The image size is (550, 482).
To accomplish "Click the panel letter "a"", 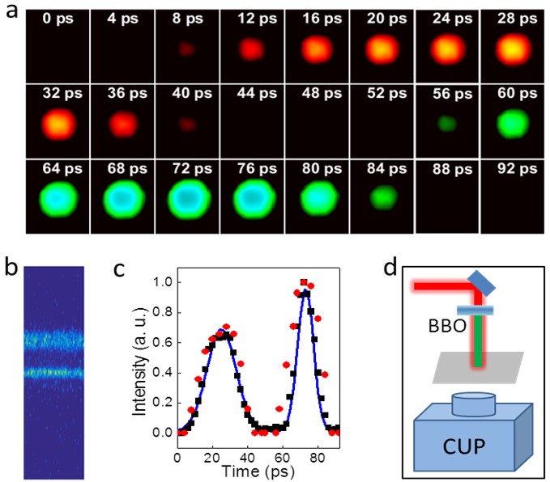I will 11,12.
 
